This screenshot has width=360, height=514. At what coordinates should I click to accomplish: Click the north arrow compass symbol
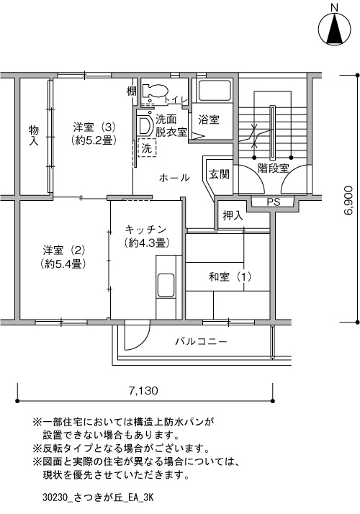334,28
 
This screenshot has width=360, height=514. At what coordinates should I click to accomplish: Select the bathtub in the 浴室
215,90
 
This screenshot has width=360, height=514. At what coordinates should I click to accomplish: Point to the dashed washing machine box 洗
147,148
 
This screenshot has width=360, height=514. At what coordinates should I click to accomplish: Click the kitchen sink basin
166,285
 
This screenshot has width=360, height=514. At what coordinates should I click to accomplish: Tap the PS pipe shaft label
273,202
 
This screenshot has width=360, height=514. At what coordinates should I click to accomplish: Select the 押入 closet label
233,215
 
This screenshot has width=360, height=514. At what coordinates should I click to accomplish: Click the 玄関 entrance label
219,174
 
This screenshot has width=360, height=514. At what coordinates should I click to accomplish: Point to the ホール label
174,178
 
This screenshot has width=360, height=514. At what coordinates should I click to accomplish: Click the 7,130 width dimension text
143,390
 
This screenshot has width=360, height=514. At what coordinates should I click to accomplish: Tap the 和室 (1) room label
230,277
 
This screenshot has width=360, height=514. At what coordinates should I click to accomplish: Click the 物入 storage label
33,135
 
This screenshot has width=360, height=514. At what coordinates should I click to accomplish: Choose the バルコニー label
201,341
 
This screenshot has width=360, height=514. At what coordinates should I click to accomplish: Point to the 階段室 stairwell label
273,168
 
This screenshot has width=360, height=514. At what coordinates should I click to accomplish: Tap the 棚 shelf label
132,91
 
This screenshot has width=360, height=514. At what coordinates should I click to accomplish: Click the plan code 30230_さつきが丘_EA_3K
98,497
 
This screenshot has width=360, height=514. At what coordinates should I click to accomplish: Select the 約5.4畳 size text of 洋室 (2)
63,264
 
